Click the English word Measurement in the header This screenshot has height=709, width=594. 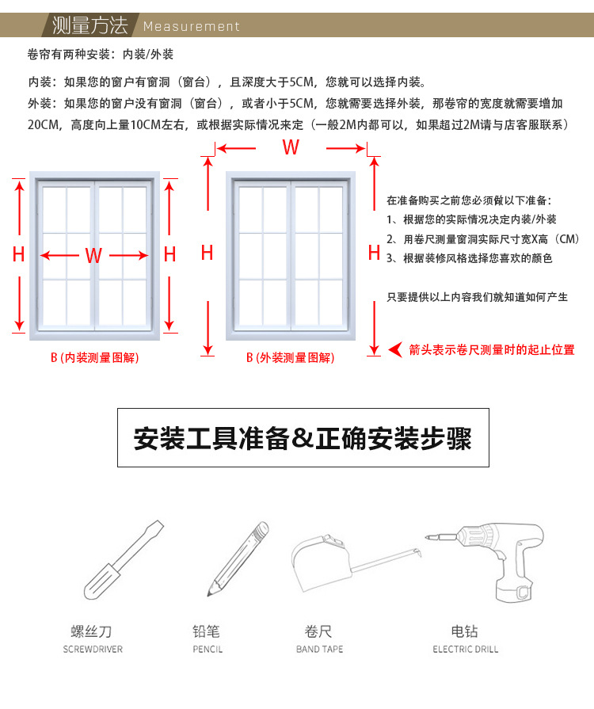(191, 26)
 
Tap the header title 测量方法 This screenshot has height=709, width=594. (89, 25)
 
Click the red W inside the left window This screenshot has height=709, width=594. (93, 255)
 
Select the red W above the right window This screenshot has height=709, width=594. (291, 147)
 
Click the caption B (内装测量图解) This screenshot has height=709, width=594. (94, 358)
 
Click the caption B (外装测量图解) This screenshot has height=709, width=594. (290, 358)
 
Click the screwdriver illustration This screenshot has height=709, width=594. (123, 560)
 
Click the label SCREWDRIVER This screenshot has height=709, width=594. (93, 650)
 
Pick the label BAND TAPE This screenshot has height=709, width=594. (319, 650)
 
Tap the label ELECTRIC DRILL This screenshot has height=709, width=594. (466, 650)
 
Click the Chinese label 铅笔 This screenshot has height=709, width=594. (206, 631)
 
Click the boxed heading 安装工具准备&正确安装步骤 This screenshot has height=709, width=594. (303, 438)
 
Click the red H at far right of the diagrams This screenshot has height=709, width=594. (375, 253)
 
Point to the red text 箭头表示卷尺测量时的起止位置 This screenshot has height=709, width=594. (491, 349)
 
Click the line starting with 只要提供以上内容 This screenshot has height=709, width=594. (477, 297)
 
